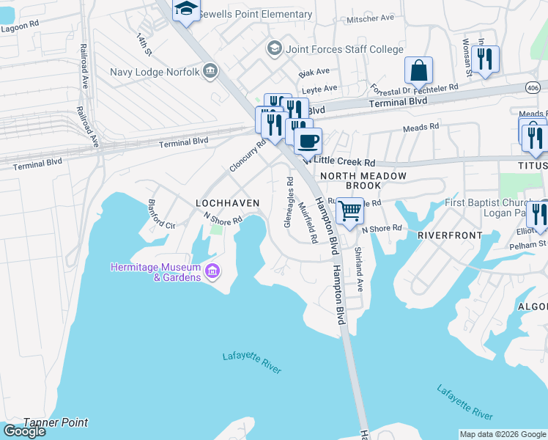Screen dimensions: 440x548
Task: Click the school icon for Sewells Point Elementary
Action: (x=186, y=10)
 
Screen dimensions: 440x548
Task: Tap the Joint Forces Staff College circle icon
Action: (x=275, y=49)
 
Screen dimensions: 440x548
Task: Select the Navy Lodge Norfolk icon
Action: (x=211, y=71)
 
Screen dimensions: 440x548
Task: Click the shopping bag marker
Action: (x=418, y=71)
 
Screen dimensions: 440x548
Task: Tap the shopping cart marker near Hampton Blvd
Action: (x=350, y=210)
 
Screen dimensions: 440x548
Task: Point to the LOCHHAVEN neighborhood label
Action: (x=228, y=202)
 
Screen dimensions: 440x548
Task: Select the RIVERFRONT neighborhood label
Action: (x=450, y=235)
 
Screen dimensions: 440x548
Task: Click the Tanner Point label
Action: (x=56, y=422)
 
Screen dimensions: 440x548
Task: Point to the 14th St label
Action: (x=144, y=44)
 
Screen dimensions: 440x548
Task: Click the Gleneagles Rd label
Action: (x=289, y=202)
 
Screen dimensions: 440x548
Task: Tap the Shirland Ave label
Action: (x=359, y=269)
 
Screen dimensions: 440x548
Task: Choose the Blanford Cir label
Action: (x=162, y=215)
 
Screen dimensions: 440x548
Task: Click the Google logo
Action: (x=24, y=431)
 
